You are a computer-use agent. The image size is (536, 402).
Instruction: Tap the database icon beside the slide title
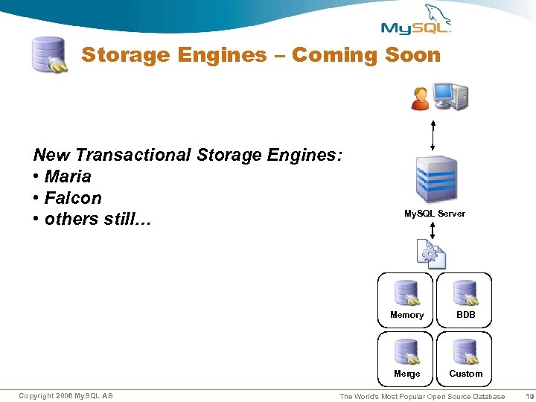49,54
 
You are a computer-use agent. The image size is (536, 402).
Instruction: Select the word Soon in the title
412,55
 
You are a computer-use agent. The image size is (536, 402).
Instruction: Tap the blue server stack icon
436,179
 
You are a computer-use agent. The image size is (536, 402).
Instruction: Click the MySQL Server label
435,214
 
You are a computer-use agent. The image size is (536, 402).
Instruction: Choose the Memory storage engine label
406,315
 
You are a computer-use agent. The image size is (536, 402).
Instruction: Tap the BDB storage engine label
466,315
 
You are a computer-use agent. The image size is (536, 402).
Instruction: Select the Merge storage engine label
406,374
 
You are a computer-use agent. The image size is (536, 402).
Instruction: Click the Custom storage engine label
466,374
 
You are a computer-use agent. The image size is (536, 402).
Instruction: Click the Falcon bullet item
72,198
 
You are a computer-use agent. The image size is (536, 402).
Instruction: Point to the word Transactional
133,155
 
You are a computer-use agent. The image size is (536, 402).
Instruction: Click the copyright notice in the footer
66,395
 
